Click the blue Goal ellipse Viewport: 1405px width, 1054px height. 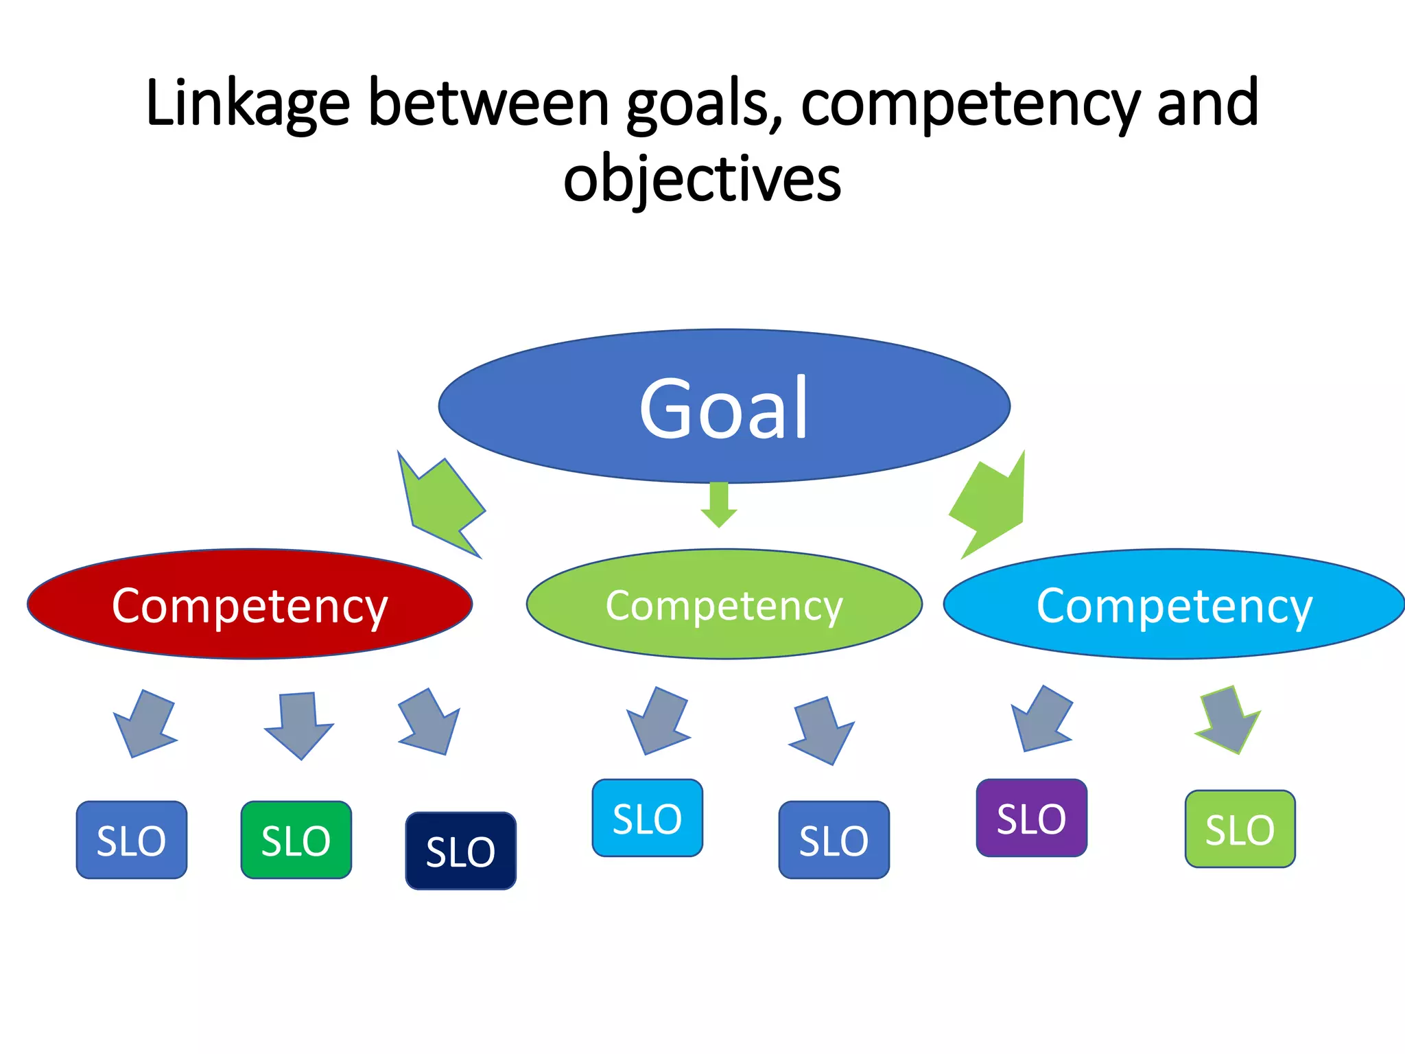(724, 406)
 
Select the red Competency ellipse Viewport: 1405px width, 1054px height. (250, 605)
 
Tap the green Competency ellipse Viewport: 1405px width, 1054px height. (724, 605)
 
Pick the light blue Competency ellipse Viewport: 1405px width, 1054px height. (1174, 605)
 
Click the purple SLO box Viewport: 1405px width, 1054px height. (1031, 818)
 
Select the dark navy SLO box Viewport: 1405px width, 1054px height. (460, 851)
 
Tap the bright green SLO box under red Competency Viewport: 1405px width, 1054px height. (296, 840)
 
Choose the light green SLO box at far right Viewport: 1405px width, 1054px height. (1240, 829)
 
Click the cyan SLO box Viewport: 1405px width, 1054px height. (647, 818)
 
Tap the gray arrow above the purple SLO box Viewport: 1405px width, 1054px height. (1041, 721)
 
